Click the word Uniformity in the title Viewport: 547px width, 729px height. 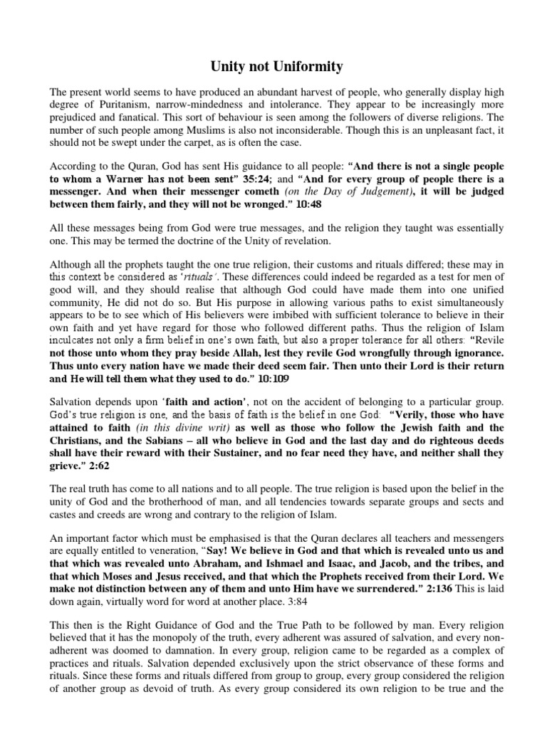[308, 67]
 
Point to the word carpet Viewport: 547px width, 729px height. [199, 143]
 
